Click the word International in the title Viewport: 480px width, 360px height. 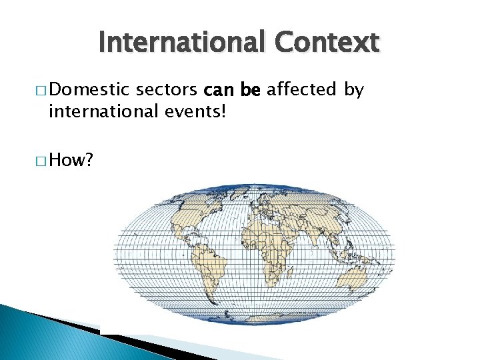tap(181, 43)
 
